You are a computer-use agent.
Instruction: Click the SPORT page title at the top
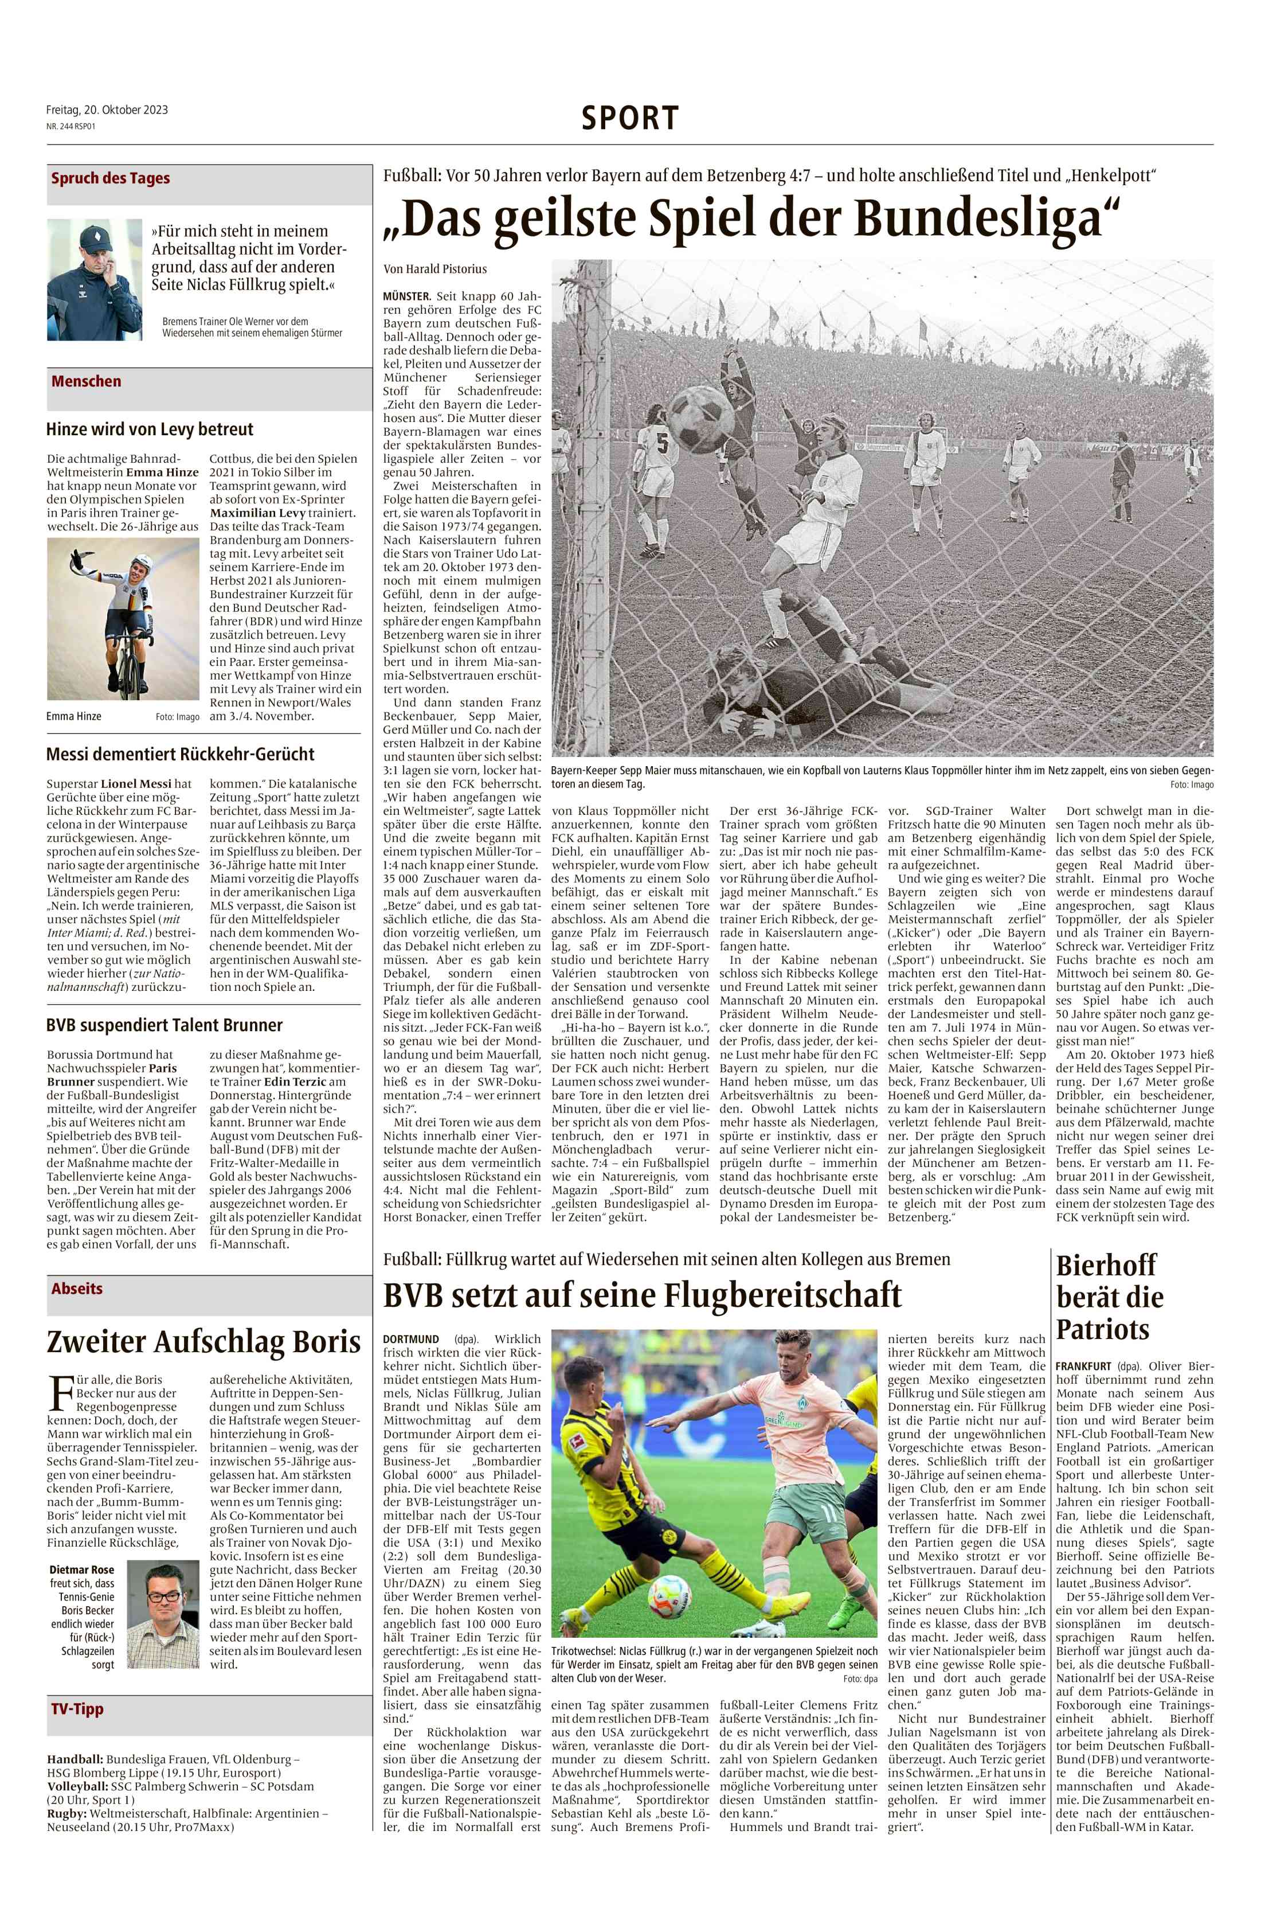(x=630, y=118)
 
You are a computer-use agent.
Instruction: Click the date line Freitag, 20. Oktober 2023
(x=107, y=110)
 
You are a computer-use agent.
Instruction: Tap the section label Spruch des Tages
(x=110, y=178)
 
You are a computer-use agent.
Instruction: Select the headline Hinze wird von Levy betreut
(x=150, y=430)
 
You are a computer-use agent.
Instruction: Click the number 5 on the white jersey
(x=663, y=444)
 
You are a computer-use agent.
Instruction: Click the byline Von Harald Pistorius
(x=435, y=269)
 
